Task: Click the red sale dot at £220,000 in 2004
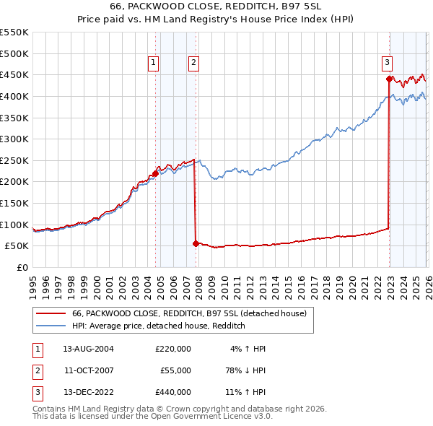point(155,173)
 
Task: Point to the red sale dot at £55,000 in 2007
point(196,243)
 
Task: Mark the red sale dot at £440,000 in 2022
point(389,79)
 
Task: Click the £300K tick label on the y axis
point(14,139)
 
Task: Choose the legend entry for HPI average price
point(159,326)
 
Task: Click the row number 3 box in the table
point(37,393)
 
